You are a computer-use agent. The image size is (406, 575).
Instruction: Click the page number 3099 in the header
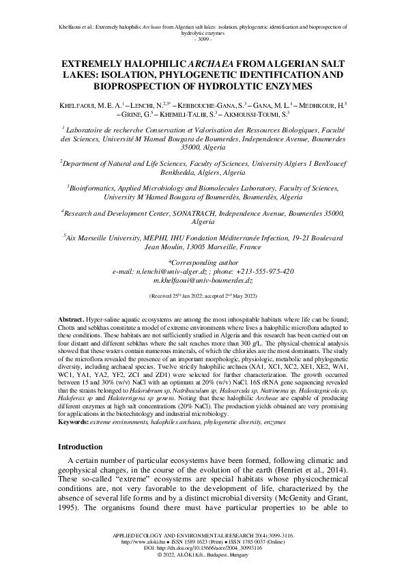click(203, 40)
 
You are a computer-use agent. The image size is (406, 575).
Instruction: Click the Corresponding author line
click(203, 262)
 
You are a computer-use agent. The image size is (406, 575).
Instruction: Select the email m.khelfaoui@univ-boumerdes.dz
click(203, 280)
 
